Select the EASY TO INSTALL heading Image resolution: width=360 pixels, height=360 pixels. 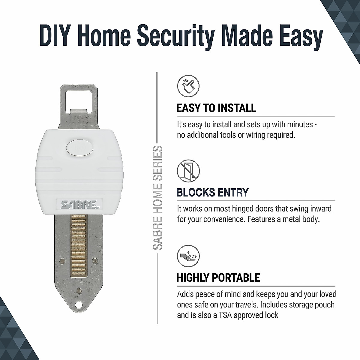(216, 108)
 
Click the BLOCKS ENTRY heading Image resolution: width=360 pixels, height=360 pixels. (212, 192)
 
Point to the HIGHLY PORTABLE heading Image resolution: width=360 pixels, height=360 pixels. (218, 277)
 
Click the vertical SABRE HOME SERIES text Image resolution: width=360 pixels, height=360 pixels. (158, 198)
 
